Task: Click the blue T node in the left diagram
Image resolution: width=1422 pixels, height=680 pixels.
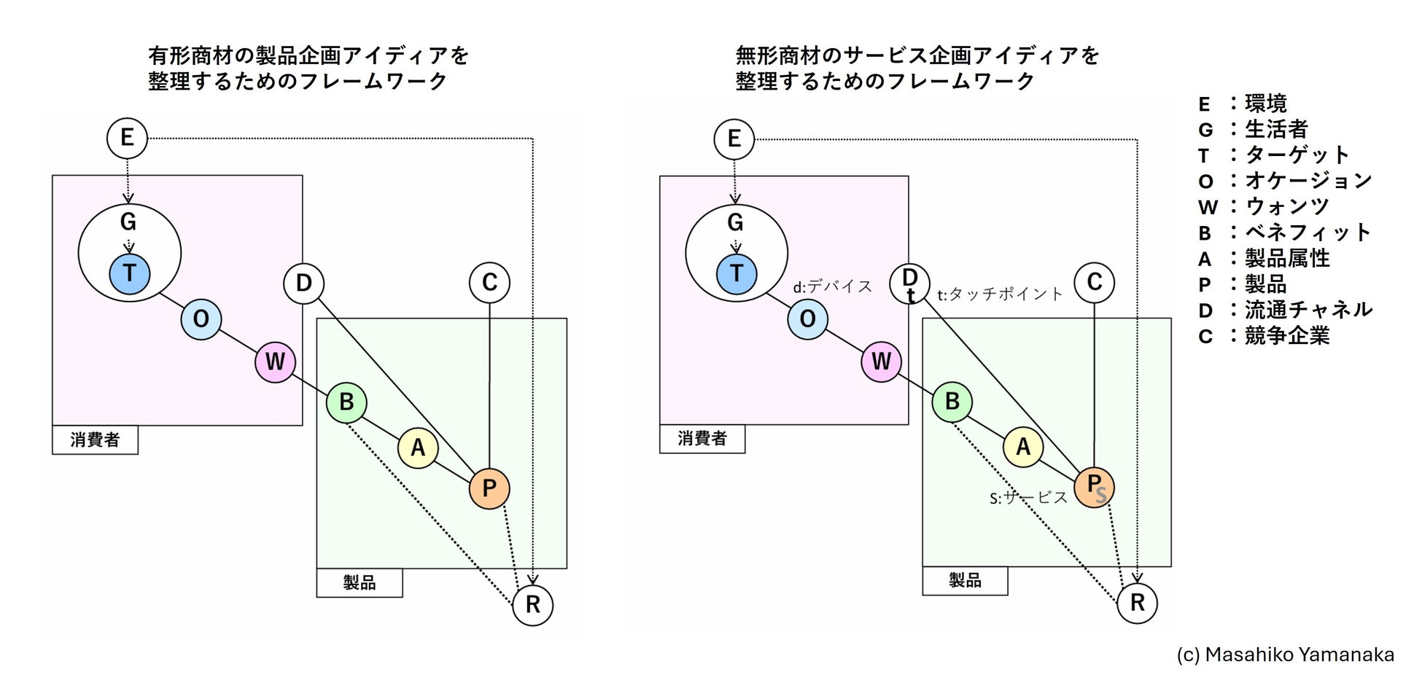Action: [x=130, y=274]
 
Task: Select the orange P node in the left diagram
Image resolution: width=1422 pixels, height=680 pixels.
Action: [x=489, y=488]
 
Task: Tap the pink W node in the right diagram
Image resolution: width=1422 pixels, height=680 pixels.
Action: [x=881, y=362]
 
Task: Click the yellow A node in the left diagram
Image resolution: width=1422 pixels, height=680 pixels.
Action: [x=418, y=447]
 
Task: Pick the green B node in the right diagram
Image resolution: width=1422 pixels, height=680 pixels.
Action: [x=952, y=402]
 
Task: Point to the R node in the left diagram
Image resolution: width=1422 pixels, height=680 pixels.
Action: [x=533, y=604]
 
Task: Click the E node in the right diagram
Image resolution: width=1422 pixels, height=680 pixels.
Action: [x=734, y=138]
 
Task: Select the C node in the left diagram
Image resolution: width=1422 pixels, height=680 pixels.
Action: [x=489, y=283]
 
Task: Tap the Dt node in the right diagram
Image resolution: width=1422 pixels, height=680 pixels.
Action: [x=909, y=283]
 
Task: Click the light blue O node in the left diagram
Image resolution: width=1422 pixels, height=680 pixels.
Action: [x=201, y=318]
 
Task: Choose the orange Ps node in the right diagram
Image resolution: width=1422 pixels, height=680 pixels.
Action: [x=1095, y=487]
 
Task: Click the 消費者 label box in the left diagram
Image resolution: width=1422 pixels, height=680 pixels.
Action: [x=95, y=439]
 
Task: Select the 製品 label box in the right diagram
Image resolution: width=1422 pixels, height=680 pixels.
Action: [x=965, y=580]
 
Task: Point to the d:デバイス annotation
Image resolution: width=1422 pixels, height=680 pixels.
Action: [x=833, y=286]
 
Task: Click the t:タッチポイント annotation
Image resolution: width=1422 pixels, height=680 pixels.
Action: [x=1000, y=294]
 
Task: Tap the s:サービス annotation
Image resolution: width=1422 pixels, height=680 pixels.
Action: [x=1028, y=498]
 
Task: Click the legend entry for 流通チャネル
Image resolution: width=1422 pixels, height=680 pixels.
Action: [x=1285, y=310]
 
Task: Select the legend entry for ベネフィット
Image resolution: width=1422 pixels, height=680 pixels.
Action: [x=1285, y=232]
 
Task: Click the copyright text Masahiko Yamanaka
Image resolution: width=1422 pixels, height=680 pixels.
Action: [x=1285, y=654]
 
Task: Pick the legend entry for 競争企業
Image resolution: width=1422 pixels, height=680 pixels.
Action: [x=1264, y=335]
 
